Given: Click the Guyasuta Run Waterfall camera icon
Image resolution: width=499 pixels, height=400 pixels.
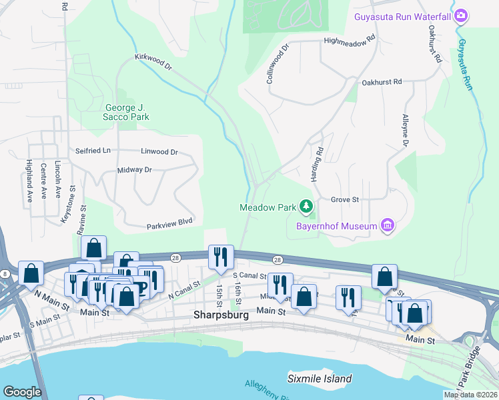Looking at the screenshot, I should coord(460,15).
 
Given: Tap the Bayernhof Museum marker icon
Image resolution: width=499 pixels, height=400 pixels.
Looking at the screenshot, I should coord(387,226).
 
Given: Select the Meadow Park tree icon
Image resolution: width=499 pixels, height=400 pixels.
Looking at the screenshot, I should coord(306,207).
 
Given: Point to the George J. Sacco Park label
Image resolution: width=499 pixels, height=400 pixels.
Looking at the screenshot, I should coord(127,112).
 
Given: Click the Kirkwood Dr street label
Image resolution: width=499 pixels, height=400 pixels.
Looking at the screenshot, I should coord(153,63).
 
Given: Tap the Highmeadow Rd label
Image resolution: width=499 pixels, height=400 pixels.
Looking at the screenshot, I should coord(349,40).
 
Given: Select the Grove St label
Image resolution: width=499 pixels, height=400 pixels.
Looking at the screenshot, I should coord(345,199).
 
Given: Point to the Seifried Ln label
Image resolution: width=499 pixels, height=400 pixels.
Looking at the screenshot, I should coord(93,151).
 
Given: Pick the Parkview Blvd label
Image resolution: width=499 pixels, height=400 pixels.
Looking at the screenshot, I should coord(169,227).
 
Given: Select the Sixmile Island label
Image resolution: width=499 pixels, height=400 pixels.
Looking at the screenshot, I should coord(320,379).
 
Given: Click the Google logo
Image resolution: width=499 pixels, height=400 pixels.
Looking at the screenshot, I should coord(22,392).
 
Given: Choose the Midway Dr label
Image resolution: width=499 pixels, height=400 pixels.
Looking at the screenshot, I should coord(135,170).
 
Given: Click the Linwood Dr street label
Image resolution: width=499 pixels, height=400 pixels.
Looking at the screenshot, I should coord(159,152).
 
